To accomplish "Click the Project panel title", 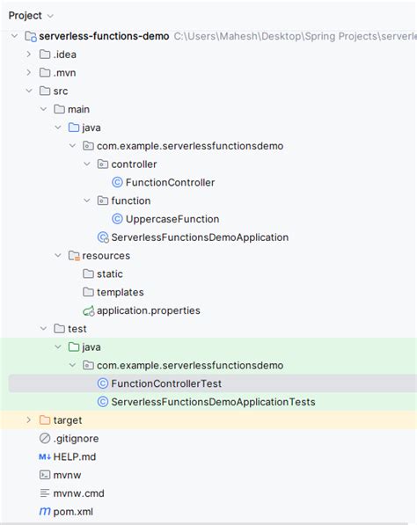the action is point(26,16).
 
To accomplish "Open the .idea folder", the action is point(64,55).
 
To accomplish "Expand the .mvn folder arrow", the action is point(29,72).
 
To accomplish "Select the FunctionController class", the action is point(170,183).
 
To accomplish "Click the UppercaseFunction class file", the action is point(172,219).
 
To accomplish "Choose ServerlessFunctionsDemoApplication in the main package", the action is point(200,237).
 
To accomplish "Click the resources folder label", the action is point(106,256).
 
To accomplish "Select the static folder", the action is point(110,273).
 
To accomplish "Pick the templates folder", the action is point(121,292).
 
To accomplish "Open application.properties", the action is point(149,310).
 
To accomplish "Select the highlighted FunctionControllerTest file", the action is point(166,383).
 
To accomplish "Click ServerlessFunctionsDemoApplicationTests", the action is point(214,402).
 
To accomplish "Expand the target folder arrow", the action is point(29,419).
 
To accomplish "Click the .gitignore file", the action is point(76,438).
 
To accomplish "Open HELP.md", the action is point(75,456).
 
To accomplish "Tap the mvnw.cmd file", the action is point(78,493).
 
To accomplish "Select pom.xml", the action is point(73,512).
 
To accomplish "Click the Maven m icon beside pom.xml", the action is point(45,511).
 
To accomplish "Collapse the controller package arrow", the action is point(87,164).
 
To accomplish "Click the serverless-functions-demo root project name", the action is point(104,36).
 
